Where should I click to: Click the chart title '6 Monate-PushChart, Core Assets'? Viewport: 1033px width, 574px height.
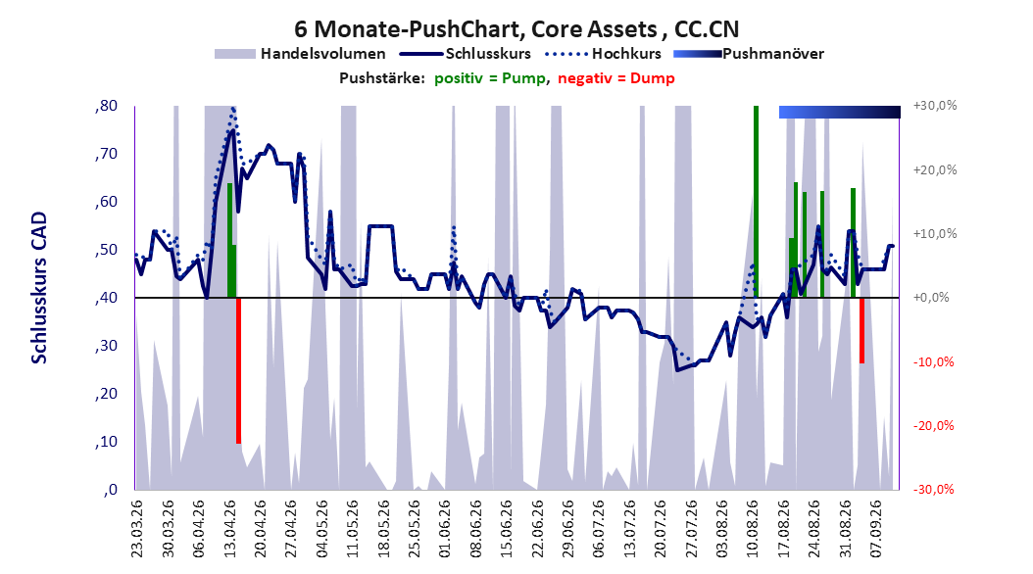[475, 29]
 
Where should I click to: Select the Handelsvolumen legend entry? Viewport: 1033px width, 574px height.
[300, 54]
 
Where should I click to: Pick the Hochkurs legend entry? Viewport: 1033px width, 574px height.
[603, 54]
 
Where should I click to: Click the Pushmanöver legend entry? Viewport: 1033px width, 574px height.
[749, 54]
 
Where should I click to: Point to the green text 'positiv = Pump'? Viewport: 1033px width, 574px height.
[489, 78]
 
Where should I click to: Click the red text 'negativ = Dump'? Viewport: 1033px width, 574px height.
[616, 78]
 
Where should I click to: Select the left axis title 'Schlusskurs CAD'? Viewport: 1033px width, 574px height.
[39, 288]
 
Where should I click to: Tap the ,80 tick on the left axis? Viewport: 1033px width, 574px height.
[106, 106]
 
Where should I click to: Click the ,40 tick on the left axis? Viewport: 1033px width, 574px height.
[106, 298]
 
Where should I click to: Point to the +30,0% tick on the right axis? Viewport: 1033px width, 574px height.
[935, 106]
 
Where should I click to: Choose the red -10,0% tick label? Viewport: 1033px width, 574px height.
[933, 362]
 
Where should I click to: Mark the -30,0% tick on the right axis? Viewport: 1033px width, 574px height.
[933, 489]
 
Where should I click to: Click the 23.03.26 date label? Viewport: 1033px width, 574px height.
[137, 529]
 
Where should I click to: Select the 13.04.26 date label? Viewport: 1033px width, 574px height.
[229, 529]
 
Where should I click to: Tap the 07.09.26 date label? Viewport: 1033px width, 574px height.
[876, 529]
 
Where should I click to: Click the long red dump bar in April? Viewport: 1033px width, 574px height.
[238, 370]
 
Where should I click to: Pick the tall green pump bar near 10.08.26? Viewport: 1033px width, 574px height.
[757, 202]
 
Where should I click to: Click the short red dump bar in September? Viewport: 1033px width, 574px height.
[861, 330]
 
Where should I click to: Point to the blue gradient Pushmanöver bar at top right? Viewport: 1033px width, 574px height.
[839, 112]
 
